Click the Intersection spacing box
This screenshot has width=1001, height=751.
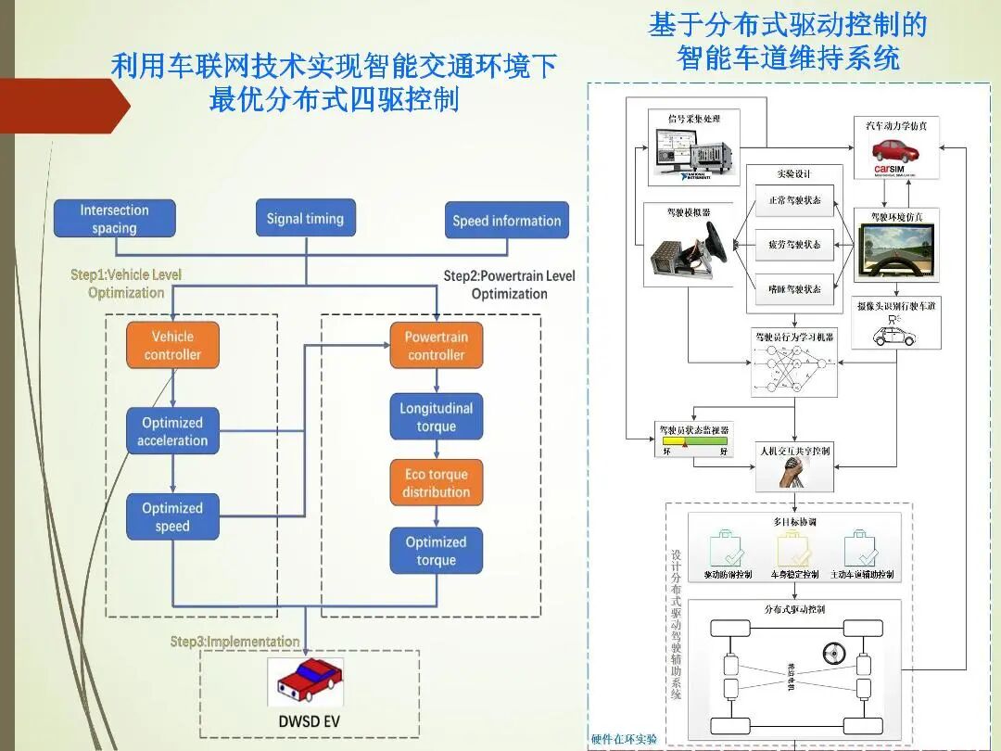click(114, 219)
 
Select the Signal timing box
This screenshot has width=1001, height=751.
click(305, 219)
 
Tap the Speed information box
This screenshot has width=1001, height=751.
click(506, 221)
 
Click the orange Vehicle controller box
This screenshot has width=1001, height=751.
click(172, 345)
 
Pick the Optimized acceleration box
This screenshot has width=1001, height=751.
click(172, 431)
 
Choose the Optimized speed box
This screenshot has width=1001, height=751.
click(172, 516)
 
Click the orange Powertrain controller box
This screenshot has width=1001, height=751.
click(436, 346)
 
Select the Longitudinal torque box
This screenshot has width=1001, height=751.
click(436, 417)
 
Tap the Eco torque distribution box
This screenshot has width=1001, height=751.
click(436, 483)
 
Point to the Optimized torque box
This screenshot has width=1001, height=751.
click(436, 551)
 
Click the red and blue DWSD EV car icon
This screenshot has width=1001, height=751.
click(305, 682)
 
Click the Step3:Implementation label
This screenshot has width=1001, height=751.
click(234, 642)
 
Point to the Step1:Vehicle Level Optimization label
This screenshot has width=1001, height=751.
click(126, 284)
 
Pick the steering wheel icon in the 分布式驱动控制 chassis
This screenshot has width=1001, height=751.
click(831, 653)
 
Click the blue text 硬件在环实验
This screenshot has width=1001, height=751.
click(624, 739)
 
